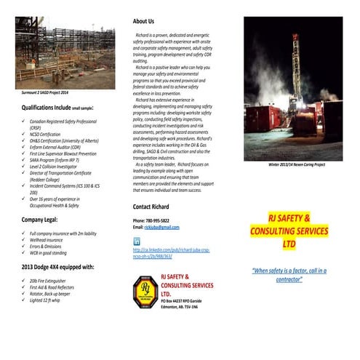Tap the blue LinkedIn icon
click(x=137, y=241)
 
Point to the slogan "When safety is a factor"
click(x=289, y=274)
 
